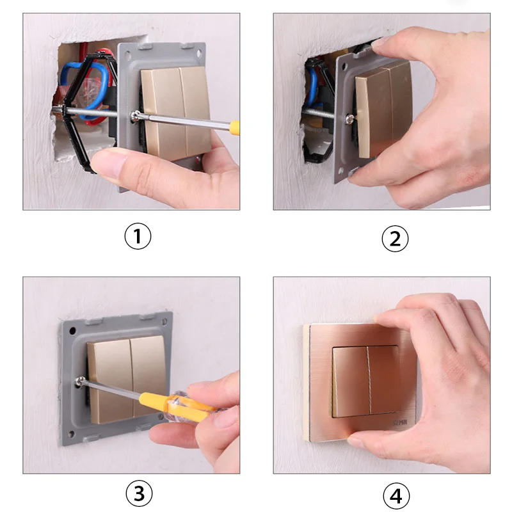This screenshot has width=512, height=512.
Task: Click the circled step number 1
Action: (138, 237)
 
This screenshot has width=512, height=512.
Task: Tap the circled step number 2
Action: (395, 238)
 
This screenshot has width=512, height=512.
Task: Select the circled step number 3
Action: (138, 493)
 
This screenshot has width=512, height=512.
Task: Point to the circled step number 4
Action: (395, 495)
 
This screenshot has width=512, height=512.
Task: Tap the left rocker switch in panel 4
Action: (350, 380)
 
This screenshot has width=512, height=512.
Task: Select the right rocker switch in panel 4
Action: (383, 380)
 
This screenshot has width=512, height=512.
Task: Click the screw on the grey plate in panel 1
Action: (136, 116)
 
